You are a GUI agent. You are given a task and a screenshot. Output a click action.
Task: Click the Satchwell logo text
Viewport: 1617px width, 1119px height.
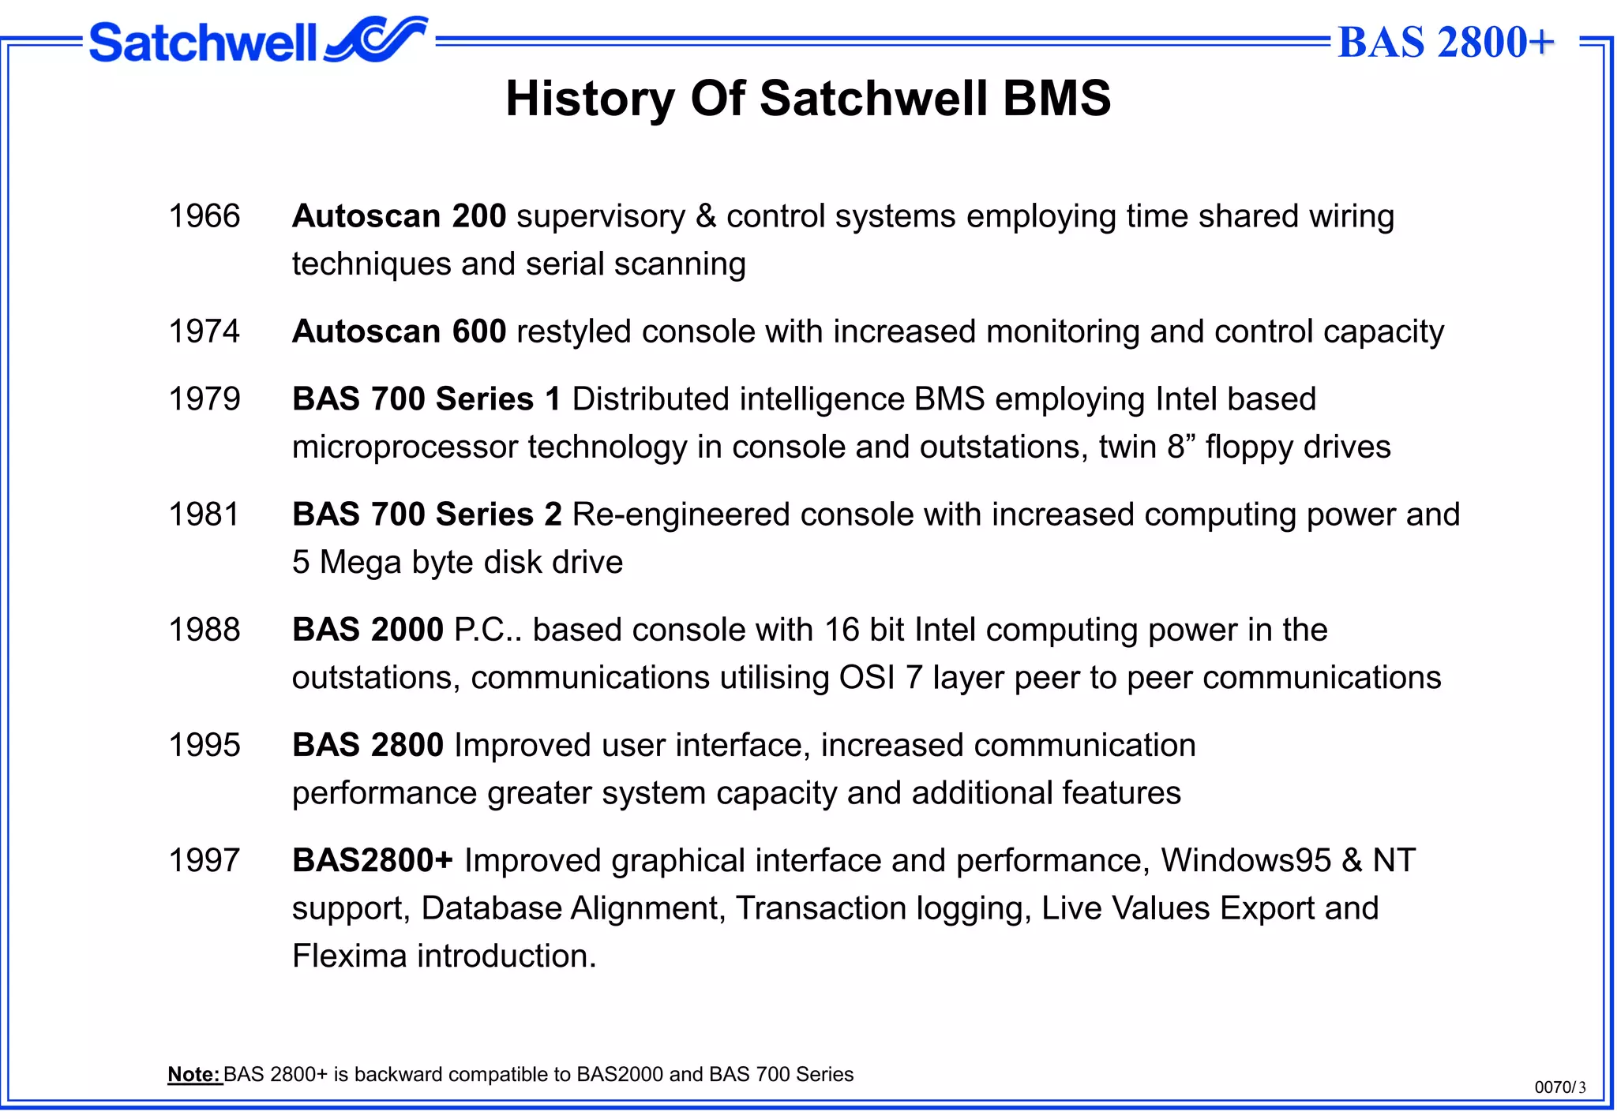202,43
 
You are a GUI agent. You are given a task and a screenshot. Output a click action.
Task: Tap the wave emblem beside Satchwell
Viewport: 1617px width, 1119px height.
376,39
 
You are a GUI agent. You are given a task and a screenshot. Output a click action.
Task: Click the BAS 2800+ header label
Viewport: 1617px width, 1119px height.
1446,43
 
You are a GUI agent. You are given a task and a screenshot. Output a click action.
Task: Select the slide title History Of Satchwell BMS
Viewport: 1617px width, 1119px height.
808,99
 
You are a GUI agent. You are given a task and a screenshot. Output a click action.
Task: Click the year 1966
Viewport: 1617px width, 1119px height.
204,216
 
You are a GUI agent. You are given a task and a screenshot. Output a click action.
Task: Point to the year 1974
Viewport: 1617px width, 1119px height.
204,331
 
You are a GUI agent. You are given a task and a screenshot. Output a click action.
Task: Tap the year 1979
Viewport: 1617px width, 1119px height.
204,399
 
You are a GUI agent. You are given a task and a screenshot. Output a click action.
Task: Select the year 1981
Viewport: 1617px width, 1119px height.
204,515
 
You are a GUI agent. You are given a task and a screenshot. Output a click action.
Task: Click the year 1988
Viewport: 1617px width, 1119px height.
204,630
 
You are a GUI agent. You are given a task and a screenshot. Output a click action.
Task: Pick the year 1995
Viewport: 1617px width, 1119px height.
204,745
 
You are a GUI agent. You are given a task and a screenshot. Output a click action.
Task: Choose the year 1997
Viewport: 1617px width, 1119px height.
204,860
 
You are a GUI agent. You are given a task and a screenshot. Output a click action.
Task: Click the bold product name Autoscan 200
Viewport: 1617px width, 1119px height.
399,216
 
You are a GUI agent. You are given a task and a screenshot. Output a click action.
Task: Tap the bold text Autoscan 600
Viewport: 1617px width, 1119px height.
399,331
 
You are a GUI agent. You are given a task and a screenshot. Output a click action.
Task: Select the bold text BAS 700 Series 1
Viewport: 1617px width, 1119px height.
426,399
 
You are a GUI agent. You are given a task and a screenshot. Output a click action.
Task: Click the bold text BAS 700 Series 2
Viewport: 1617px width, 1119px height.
426,515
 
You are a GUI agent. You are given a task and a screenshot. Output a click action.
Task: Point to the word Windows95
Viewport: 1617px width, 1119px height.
1245,860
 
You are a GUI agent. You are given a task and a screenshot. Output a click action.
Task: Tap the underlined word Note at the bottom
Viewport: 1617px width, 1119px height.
194,1075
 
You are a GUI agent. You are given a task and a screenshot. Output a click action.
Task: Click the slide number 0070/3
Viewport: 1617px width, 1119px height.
1559,1087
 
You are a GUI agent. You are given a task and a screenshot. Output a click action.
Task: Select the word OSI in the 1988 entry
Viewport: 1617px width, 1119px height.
866,678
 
